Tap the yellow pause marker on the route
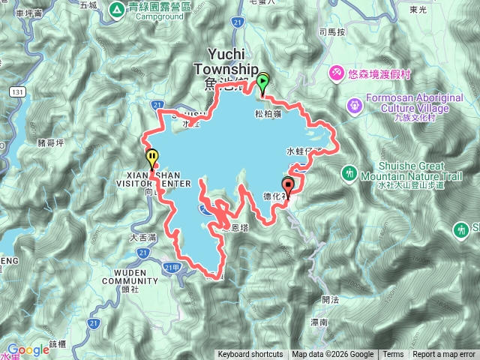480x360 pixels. [x=153, y=158]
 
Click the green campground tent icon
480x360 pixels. [x=118, y=10]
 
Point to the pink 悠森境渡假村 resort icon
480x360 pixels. [x=337, y=72]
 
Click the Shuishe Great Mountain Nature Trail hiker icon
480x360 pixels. [x=349, y=173]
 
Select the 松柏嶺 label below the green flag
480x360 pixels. [x=268, y=115]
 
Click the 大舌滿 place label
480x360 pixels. [x=142, y=237]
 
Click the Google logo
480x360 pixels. [x=28, y=349]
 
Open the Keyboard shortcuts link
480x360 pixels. [x=250, y=355]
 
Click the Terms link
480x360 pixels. [x=393, y=355]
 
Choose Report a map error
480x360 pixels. [x=445, y=355]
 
